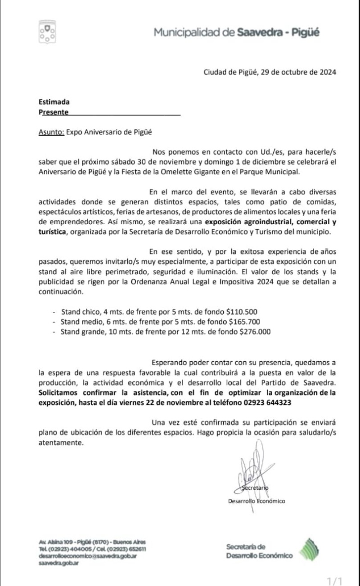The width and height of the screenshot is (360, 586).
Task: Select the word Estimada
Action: (x=54, y=102)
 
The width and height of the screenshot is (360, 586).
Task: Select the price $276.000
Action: (x=255, y=332)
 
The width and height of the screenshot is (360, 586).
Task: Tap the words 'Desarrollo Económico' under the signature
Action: (x=256, y=501)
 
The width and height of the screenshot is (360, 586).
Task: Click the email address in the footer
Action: (x=88, y=556)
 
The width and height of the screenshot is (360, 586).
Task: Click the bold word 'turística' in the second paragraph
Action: (x=50, y=232)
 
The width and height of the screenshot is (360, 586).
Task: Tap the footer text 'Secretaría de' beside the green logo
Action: (x=246, y=547)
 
